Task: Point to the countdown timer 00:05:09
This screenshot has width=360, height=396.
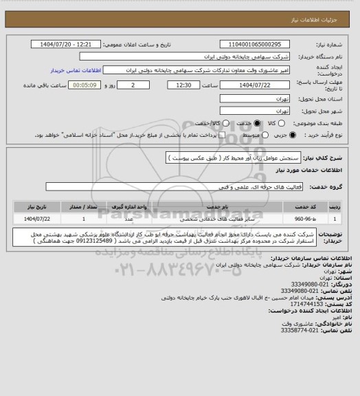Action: (86, 85)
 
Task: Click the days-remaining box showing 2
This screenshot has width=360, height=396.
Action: (133, 85)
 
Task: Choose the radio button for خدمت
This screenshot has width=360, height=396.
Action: (258, 122)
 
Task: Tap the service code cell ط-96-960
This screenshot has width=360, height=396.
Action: (303, 218)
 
